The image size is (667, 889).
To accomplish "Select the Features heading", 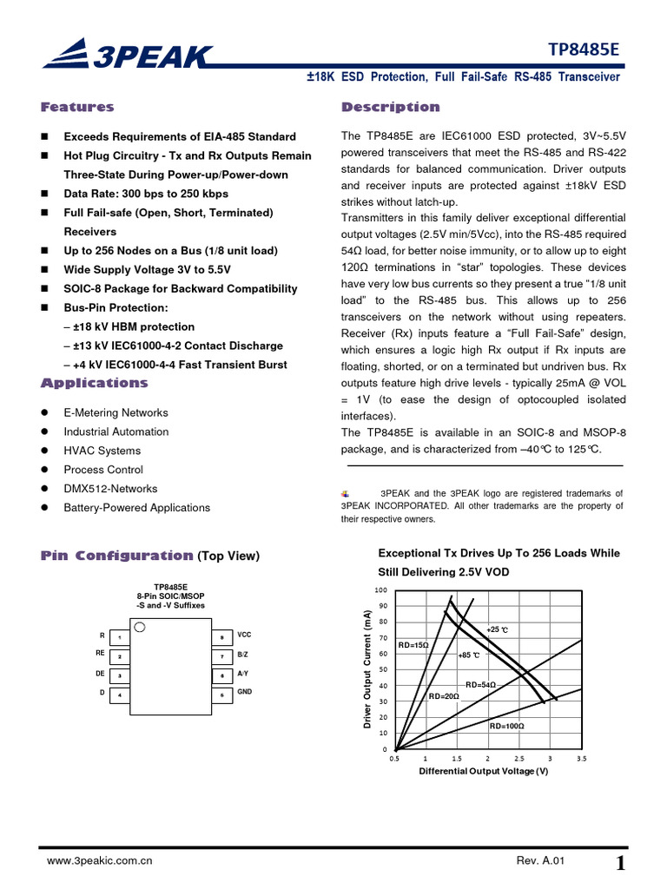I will (77, 108).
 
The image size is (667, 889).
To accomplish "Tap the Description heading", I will (390, 108).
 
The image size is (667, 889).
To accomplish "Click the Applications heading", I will (94, 384).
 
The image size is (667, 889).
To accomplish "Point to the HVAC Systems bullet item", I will (102, 451).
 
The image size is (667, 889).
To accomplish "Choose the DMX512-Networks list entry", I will (110, 489).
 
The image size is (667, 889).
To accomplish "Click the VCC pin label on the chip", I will (244, 635).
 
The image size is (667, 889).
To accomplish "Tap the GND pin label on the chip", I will (244, 692).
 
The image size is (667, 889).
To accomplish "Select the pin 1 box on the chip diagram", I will (120, 638).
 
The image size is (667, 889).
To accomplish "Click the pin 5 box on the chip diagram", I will (222, 695).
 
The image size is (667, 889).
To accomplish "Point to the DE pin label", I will (100, 674).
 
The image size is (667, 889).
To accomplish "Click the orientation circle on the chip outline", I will (141, 627).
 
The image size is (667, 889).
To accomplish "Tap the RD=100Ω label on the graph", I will (507, 726).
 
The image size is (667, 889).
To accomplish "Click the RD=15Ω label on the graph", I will (413, 646).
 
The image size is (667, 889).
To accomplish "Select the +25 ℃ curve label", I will (497, 629).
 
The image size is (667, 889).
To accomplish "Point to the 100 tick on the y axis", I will (381, 590).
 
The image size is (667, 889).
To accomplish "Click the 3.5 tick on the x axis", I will (581, 758).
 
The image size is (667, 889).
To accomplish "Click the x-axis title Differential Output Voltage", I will (483, 771).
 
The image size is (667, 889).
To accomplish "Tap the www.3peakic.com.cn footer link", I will (100, 861).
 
